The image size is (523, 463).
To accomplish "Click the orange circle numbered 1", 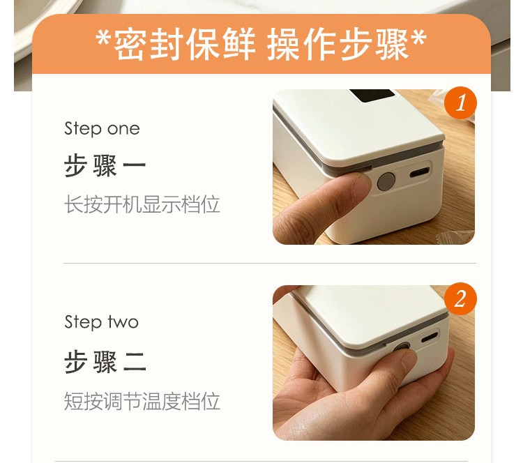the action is click(461, 103).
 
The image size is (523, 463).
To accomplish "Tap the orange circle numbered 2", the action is click(461, 298).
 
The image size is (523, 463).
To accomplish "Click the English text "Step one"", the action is click(102, 129).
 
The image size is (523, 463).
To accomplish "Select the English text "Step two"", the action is click(101, 322).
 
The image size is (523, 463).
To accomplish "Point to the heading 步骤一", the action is click(105, 165).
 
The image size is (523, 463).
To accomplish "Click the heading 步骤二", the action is click(105, 362).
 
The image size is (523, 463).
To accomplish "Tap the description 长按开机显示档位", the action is click(142, 204).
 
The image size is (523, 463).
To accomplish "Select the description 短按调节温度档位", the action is click(142, 401).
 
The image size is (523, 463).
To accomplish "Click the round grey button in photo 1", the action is click(386, 182).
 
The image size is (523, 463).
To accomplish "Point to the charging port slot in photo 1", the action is click(420, 172).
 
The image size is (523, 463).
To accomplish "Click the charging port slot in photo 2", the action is click(430, 337).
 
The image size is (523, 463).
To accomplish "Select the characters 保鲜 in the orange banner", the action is click(221, 44).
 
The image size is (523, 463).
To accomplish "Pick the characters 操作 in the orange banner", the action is click(301, 44).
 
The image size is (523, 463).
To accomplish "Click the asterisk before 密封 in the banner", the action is click(103, 38).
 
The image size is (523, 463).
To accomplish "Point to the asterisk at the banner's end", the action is click(418, 38).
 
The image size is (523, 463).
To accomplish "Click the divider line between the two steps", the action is click(270, 263).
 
